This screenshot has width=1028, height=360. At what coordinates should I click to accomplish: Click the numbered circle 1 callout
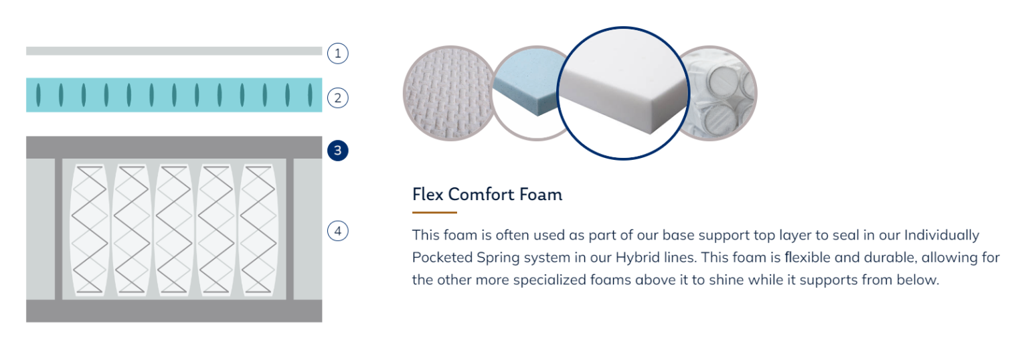pyautogui.click(x=337, y=54)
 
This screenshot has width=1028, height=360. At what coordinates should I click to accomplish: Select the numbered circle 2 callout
pyautogui.click(x=337, y=98)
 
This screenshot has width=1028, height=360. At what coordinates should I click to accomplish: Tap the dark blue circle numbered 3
pyautogui.click(x=337, y=151)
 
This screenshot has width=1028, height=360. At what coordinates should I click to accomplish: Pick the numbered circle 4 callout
pyautogui.click(x=337, y=231)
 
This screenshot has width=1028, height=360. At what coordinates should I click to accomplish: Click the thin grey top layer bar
pyautogui.click(x=174, y=51)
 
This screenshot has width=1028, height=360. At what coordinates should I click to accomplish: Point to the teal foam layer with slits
pyautogui.click(x=174, y=95)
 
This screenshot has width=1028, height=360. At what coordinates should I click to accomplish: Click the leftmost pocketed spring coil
pyautogui.click(x=89, y=230)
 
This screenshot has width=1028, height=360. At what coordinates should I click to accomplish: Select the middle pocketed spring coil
pyautogui.click(x=173, y=230)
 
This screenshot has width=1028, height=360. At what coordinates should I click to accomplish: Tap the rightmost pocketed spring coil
pyautogui.click(x=258, y=230)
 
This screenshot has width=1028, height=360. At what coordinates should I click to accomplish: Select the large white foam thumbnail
pyautogui.click(x=623, y=93)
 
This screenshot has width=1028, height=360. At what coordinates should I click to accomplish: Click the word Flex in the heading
pyautogui.click(x=428, y=195)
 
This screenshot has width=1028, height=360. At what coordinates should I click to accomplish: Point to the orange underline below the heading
pyautogui.click(x=434, y=212)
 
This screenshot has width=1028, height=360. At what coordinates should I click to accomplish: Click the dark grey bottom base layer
pyautogui.click(x=174, y=311)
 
